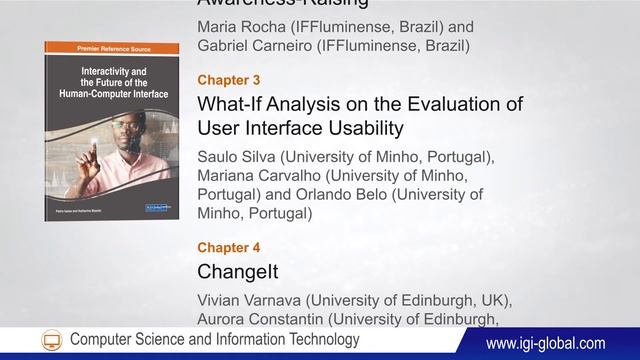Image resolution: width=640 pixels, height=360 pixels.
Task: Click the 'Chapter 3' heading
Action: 229,79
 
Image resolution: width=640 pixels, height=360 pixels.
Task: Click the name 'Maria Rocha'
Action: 241,27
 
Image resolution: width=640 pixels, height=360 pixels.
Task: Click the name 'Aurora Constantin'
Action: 264,320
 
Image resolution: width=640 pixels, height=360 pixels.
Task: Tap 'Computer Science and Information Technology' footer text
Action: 214,341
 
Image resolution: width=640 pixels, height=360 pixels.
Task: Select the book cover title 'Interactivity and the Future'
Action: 110,76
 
